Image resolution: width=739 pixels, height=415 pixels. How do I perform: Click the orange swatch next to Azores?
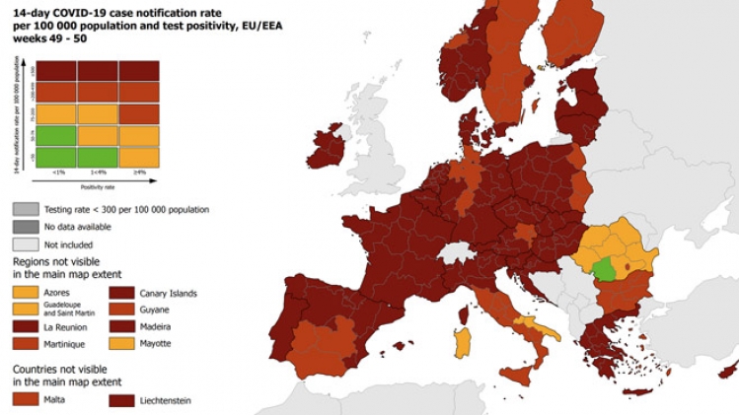coord(27,292)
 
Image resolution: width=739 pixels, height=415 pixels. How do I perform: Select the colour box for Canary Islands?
coord(124,292)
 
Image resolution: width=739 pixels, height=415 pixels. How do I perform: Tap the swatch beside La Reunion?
coord(27,325)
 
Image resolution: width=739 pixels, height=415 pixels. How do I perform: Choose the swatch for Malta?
coord(27,398)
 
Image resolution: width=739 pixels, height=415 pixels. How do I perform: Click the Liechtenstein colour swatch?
coord(124,400)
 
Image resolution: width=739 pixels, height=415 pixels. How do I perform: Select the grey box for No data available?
coord(27,226)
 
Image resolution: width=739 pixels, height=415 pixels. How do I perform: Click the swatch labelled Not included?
coord(27,242)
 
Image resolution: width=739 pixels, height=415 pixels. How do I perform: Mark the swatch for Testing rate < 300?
coord(27,209)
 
